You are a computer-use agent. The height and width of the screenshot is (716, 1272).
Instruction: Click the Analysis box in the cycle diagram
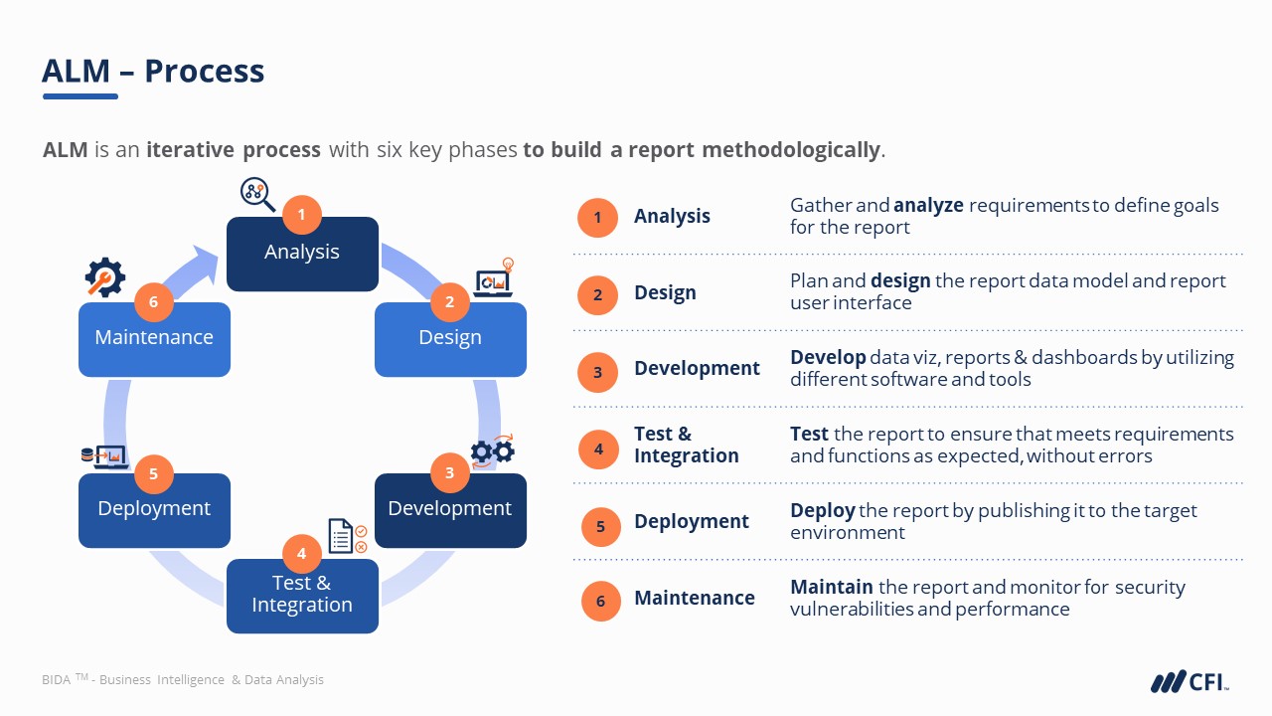pos(302,255)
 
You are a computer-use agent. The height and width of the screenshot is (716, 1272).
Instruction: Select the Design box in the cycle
pos(450,339)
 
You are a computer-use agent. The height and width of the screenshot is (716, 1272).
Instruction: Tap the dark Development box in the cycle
pos(450,510)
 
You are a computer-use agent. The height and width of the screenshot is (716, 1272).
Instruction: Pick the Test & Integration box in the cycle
pos(302,596)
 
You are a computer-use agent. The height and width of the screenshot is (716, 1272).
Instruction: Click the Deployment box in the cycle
pos(154,510)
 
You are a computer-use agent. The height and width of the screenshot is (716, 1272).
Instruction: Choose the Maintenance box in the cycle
pos(154,339)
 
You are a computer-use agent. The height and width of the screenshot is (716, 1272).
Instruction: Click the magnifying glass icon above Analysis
pos(257,194)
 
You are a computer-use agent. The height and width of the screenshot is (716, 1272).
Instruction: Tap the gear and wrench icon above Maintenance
pos(104,277)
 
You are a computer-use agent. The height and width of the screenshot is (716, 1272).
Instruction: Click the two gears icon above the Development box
pos(492,450)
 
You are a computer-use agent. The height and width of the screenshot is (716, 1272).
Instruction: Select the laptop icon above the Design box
pos(494,281)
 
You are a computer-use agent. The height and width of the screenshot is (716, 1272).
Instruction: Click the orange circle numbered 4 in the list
pos(598,448)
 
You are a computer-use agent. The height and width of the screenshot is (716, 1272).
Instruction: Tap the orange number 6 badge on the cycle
pos(153,301)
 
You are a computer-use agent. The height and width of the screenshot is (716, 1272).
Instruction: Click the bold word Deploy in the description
pos(822,510)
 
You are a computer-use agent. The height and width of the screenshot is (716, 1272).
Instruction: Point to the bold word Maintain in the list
pos(831,587)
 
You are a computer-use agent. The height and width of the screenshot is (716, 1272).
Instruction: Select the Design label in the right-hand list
pos(665,293)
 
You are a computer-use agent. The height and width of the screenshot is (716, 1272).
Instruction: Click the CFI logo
pos(1190,681)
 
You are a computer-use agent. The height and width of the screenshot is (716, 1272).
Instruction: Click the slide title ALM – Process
pos(153,71)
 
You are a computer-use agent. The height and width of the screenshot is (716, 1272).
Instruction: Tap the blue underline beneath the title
pos(80,96)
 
